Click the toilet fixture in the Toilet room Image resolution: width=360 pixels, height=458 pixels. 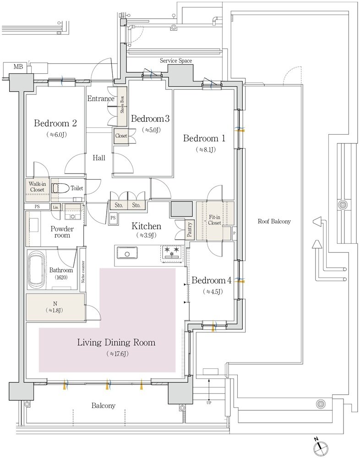60,188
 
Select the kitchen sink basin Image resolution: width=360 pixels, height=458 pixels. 127,253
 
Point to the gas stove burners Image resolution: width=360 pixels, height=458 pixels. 172,252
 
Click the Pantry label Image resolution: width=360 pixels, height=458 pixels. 190,229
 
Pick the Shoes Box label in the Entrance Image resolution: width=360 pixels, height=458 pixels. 122,104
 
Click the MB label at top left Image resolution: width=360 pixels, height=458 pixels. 18,67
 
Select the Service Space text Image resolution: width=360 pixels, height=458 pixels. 176,61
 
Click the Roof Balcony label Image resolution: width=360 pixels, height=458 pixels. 274,221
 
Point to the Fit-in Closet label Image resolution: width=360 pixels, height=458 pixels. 214,220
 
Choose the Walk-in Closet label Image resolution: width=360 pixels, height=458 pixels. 37,187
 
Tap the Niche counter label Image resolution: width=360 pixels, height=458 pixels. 83,272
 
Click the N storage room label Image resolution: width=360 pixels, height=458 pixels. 54,307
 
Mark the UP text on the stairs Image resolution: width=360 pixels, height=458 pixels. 209,403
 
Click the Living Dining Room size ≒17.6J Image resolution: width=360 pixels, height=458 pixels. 118,354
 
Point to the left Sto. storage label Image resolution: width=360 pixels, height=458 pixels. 119,205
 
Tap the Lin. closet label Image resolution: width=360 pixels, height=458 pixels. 55,207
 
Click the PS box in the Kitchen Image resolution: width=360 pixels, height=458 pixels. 113,218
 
